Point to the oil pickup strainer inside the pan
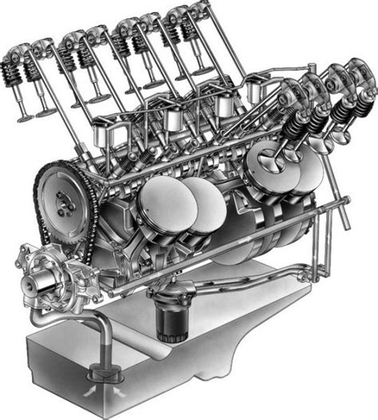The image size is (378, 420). click(100, 371)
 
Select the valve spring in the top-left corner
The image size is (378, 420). click(18, 68)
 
